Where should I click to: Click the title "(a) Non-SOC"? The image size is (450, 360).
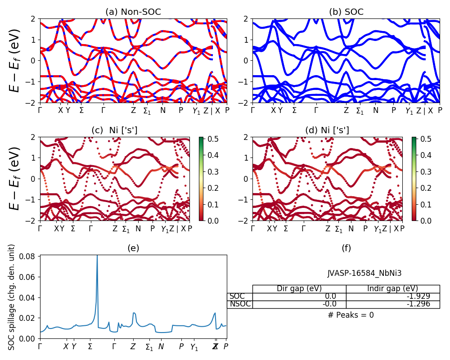[133, 12]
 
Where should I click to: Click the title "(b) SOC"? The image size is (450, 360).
[346, 12]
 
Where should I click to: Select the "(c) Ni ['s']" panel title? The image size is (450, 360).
[114, 130]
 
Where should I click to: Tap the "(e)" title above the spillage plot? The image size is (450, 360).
[133, 248]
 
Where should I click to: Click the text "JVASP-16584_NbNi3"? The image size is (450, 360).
[364, 273]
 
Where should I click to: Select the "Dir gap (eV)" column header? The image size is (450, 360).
[299, 288]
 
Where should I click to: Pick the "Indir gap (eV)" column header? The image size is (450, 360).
[392, 288]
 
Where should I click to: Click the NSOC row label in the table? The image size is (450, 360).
[239, 304]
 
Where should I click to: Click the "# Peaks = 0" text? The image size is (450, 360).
[351, 315]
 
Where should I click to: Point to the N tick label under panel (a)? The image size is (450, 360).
[162, 110]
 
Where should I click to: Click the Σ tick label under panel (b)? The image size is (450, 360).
[294, 110]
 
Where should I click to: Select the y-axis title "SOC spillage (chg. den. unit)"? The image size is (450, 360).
[12, 297]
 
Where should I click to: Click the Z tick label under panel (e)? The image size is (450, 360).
[133, 346]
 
